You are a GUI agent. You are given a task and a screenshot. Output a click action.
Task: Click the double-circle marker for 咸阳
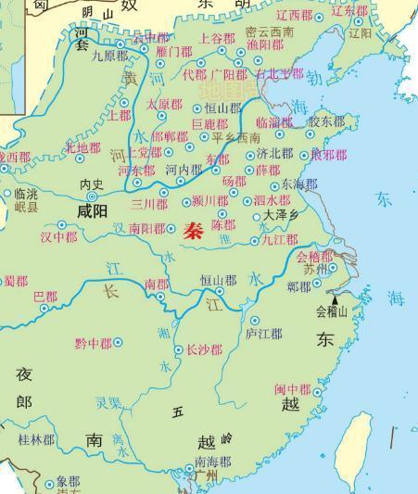[x=92, y=196]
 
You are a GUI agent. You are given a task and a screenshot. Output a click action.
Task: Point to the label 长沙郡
[x=204, y=350]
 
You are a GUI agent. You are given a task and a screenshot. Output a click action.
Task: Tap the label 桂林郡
[x=37, y=438]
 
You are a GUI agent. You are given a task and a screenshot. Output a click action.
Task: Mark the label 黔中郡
[x=93, y=344]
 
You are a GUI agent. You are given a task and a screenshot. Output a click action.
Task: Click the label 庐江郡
[x=264, y=333]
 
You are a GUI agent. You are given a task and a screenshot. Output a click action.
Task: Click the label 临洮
[x=27, y=195]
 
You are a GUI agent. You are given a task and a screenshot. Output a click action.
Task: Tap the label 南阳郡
[x=146, y=227]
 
